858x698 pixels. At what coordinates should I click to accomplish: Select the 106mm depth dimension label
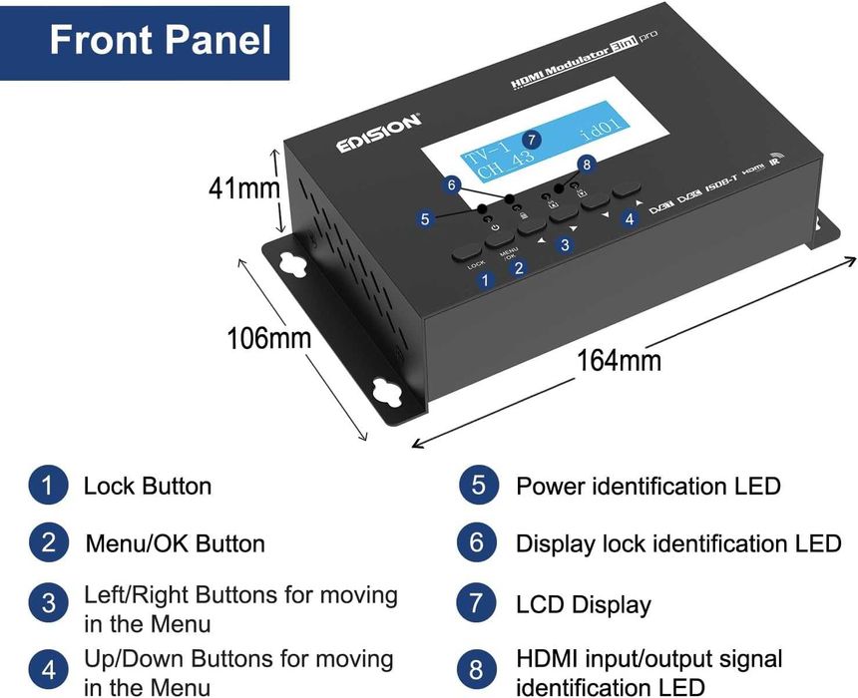(267, 338)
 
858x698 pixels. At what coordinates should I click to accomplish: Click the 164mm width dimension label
(619, 358)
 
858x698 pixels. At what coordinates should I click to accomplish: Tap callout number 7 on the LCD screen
(533, 140)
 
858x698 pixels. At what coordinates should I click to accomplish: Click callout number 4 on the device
(629, 219)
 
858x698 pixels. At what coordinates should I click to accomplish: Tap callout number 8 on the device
(586, 165)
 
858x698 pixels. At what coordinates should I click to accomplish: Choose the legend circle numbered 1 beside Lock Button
(47, 486)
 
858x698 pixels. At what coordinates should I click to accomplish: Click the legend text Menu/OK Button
(175, 543)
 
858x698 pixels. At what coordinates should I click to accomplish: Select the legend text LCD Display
(583, 604)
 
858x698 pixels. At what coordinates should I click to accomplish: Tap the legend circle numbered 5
(478, 486)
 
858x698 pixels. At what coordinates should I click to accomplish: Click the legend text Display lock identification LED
(677, 543)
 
